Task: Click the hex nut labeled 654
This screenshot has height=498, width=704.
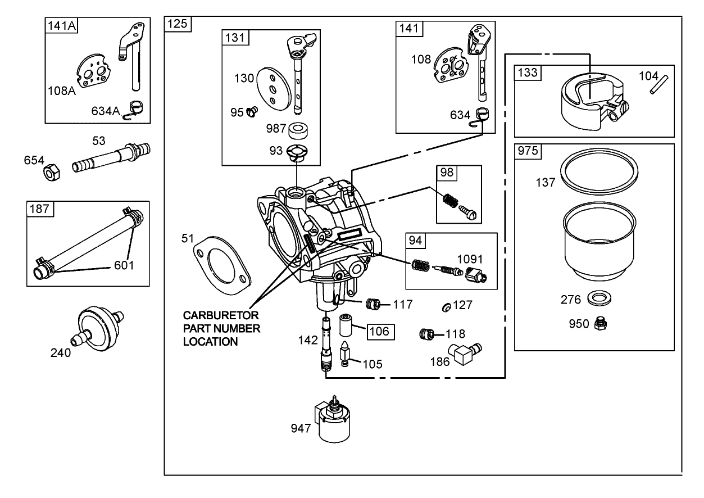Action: tap(51, 173)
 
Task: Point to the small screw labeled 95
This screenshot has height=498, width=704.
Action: tap(250, 112)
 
